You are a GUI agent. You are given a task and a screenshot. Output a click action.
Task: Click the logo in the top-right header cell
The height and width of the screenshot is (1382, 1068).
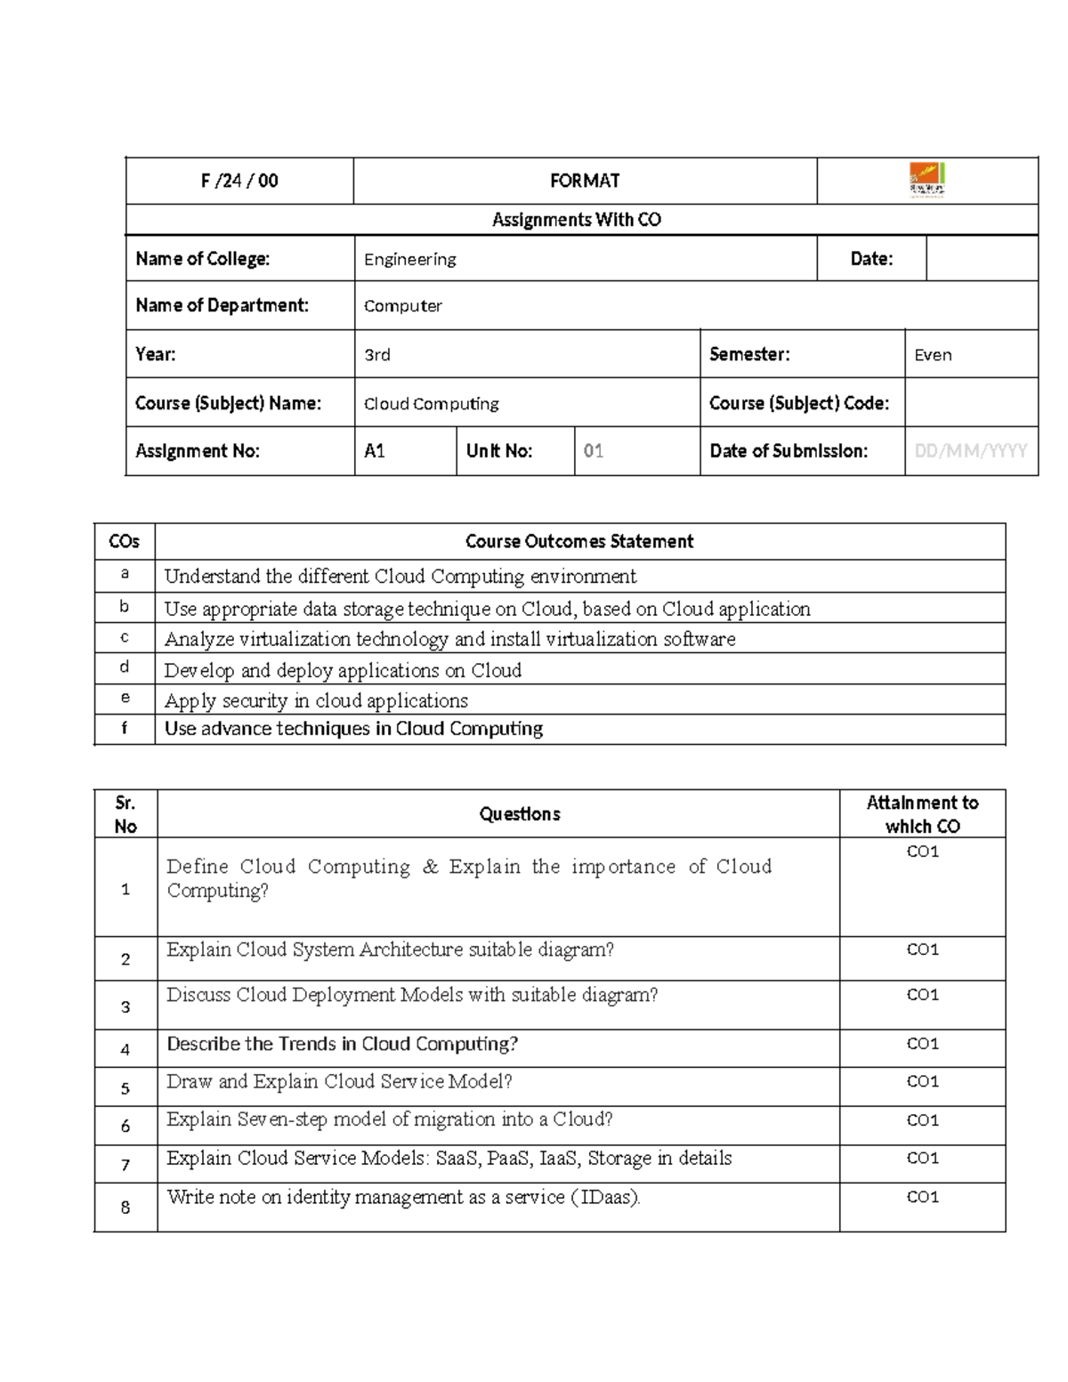point(926,180)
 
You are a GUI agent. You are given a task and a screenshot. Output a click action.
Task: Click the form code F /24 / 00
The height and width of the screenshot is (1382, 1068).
point(239,181)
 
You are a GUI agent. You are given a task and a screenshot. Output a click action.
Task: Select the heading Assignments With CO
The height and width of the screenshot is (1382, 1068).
point(577,220)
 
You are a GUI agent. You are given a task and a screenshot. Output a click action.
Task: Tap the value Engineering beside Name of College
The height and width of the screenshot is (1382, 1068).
point(409,259)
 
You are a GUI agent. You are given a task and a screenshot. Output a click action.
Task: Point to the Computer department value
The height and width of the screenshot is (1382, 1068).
point(402,306)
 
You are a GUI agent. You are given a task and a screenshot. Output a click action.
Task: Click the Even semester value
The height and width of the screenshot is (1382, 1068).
point(933,355)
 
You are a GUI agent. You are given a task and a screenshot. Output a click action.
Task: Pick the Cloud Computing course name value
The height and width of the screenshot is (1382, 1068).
point(431,404)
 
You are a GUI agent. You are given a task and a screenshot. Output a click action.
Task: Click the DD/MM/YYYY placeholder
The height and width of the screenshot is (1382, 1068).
point(970,451)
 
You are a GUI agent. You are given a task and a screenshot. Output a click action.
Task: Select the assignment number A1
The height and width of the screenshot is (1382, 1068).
point(374,451)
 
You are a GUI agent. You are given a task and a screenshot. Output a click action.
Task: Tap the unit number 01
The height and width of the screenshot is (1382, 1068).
point(593,451)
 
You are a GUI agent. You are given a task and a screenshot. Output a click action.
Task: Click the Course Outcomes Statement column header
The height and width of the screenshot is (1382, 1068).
point(578,541)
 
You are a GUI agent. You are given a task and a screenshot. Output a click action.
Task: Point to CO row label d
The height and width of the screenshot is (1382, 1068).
point(125,667)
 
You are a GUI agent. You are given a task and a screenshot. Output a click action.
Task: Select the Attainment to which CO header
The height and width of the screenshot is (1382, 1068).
point(922,814)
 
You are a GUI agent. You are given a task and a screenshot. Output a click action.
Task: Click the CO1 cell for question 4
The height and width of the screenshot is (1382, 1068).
point(922,1043)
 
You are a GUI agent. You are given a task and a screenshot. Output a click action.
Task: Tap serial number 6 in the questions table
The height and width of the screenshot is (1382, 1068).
point(125,1126)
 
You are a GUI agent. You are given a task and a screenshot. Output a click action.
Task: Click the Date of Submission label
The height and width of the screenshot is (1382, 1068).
point(788,451)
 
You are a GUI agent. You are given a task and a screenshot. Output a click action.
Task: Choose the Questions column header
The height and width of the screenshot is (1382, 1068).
point(519,813)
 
